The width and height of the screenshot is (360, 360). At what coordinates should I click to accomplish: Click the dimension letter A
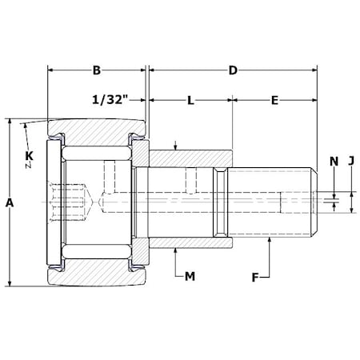tap(10, 203)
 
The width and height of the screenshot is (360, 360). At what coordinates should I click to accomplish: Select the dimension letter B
tap(97, 70)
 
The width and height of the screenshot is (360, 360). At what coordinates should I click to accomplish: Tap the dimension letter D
tap(233, 70)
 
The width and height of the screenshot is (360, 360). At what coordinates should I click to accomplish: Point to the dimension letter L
tap(190, 101)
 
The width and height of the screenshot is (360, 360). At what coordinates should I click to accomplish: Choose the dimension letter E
tap(274, 101)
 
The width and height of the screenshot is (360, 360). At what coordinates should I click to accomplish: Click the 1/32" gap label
tap(110, 100)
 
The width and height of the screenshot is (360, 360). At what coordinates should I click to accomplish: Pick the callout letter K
tap(29, 155)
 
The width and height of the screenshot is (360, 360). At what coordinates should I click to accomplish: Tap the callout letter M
tap(190, 277)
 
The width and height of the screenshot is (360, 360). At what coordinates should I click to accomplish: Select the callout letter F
tap(255, 278)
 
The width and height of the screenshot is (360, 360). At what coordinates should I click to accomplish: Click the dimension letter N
tap(334, 162)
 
